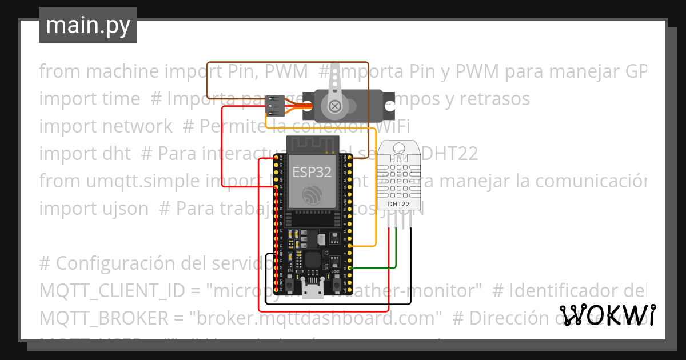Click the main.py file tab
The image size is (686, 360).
[x=87, y=25]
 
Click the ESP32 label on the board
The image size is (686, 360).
[x=312, y=172]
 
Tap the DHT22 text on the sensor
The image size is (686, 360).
[x=398, y=203]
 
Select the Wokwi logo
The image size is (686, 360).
[x=607, y=315]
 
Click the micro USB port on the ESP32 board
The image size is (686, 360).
[x=313, y=291]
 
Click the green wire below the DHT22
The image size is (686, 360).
[x=396, y=251]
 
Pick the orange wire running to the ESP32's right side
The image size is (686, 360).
[x=375, y=189]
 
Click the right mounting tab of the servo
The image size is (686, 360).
[x=390, y=106]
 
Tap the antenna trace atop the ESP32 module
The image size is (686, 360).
[x=312, y=145]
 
